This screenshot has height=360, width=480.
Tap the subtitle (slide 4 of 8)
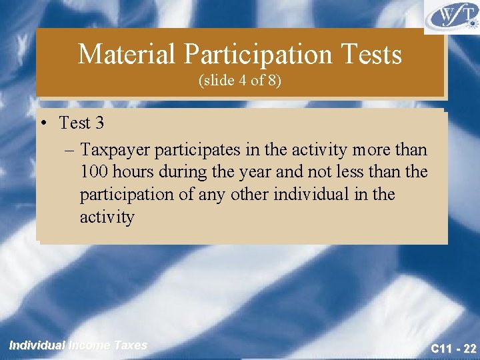(x=239, y=81)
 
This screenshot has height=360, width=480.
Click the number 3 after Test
(x=99, y=123)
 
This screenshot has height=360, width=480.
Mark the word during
(x=184, y=171)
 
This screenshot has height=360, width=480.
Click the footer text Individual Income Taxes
(x=78, y=345)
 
